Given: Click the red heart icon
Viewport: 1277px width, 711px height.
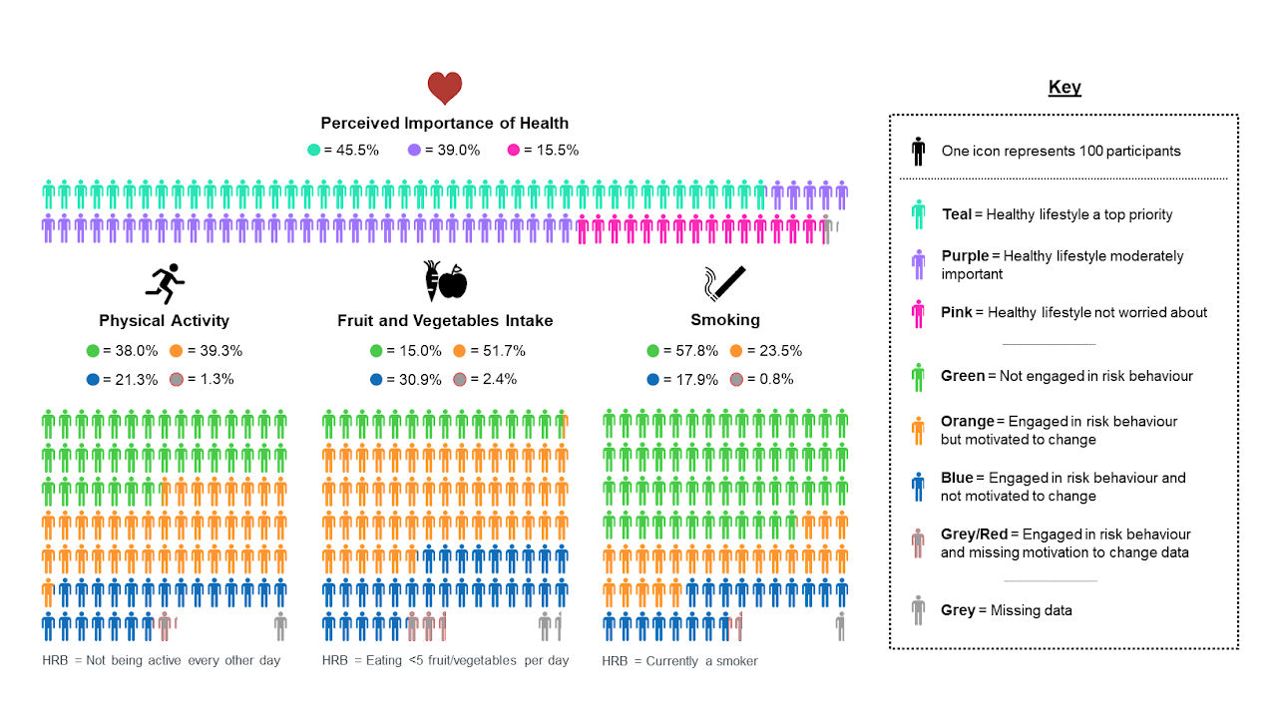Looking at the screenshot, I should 445,89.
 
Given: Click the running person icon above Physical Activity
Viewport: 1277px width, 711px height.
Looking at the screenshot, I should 165,284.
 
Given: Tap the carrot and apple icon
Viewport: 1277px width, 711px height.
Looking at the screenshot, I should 445,282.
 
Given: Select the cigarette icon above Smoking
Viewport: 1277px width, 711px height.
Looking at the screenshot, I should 725,283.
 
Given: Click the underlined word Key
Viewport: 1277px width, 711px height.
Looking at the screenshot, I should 1064,88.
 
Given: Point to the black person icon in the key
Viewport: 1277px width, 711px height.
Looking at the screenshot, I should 918,152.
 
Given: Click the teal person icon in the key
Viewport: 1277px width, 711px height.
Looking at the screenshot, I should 918,214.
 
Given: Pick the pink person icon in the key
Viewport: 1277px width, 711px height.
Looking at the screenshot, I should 918,312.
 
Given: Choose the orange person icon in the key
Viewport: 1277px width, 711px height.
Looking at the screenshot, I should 918,430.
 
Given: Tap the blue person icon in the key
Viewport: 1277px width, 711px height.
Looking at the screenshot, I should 918,487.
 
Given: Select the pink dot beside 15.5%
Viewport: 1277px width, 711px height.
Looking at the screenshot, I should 514,151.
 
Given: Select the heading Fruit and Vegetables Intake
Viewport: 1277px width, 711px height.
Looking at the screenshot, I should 445,321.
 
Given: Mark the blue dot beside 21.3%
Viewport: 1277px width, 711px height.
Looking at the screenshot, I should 93,379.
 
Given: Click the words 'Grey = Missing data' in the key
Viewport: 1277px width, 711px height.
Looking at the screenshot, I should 1007,610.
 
